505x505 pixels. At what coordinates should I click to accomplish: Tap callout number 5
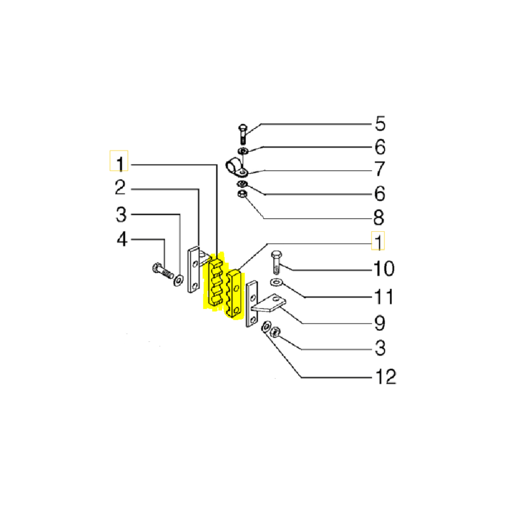point(379,124)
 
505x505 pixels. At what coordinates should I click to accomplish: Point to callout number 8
point(379,218)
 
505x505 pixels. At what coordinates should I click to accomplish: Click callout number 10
point(383,269)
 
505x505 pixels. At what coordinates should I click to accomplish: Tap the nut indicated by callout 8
point(242,194)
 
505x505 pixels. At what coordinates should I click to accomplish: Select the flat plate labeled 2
point(193,270)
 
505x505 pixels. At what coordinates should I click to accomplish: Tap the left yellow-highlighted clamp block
point(214,282)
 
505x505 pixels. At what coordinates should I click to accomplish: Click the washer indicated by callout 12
point(266,328)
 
